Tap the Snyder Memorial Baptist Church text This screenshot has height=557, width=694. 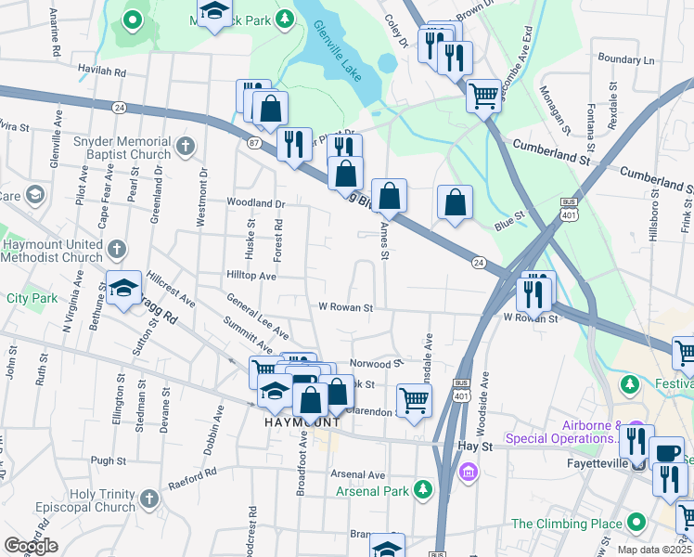coord(122,149)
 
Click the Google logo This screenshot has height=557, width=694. coord(31,546)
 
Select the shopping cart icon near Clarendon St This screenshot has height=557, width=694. coord(414,401)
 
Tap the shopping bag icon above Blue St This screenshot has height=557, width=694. coord(455,202)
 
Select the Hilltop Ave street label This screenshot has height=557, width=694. coord(251,276)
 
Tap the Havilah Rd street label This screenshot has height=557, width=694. coord(102,71)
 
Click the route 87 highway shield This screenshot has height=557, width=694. coord(254,142)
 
